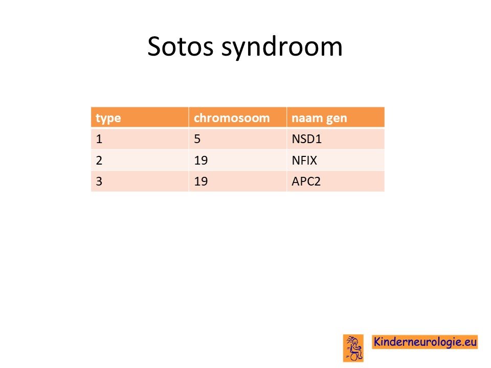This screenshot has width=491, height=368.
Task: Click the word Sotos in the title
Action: [x=180, y=47]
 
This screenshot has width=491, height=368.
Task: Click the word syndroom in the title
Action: [x=282, y=48]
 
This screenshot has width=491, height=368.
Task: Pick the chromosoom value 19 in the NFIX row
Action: [x=200, y=160]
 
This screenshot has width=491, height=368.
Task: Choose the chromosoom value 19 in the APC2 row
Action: [x=200, y=181]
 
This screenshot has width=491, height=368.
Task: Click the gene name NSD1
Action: [x=306, y=139]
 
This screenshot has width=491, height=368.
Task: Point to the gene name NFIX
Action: [x=304, y=160]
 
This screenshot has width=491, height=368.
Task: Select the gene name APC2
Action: [x=306, y=181]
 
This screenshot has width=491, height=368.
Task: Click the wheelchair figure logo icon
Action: [x=353, y=348]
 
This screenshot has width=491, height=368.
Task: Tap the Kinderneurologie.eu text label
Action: [x=425, y=342]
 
